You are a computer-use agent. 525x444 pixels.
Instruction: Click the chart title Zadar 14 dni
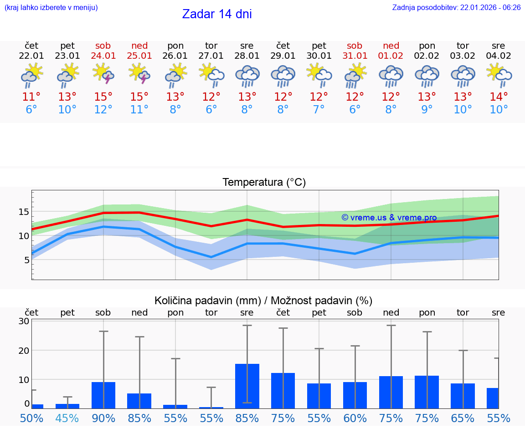(x=217, y=14)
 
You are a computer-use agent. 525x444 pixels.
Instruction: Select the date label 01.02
(x=391, y=56)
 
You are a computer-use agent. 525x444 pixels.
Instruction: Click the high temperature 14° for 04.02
(x=499, y=97)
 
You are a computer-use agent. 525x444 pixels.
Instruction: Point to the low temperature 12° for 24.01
(x=103, y=110)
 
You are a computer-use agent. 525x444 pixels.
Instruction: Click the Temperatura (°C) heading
(x=264, y=183)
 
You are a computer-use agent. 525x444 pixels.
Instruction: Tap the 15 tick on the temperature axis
(x=24, y=212)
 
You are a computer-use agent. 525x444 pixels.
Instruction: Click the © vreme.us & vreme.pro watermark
(x=389, y=218)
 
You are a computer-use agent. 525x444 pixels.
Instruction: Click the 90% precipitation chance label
(x=103, y=418)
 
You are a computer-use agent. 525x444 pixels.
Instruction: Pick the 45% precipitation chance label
(x=67, y=418)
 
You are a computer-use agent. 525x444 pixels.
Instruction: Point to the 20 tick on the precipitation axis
(x=24, y=351)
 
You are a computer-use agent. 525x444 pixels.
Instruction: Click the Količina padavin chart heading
(x=263, y=301)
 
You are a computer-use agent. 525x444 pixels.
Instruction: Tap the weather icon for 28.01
(x=247, y=76)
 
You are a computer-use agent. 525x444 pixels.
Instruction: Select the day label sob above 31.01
(x=355, y=46)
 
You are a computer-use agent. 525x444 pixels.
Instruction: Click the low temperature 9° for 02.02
(x=427, y=110)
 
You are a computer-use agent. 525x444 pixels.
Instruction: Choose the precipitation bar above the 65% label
(x=463, y=396)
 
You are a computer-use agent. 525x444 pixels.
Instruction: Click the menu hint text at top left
(x=51, y=8)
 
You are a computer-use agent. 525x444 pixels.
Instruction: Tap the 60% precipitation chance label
(x=355, y=418)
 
